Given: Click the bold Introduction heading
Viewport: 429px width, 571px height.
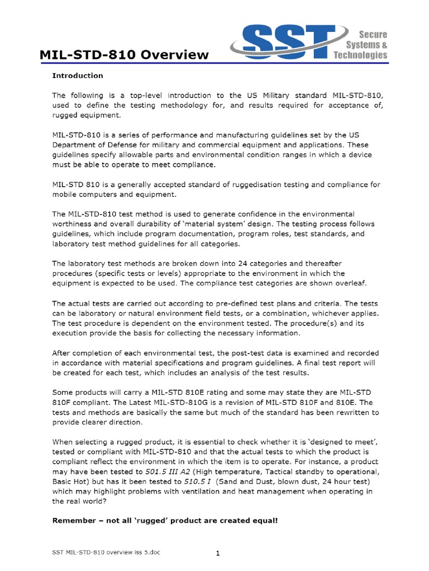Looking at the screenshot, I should [78, 75].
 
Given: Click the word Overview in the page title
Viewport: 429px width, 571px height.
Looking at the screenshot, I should [176, 55].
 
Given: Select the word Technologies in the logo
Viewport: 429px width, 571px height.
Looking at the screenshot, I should [360, 55].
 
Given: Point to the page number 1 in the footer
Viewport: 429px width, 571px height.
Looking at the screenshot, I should [218, 553].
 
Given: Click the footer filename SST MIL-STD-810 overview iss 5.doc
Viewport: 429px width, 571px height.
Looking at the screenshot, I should [105, 552].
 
